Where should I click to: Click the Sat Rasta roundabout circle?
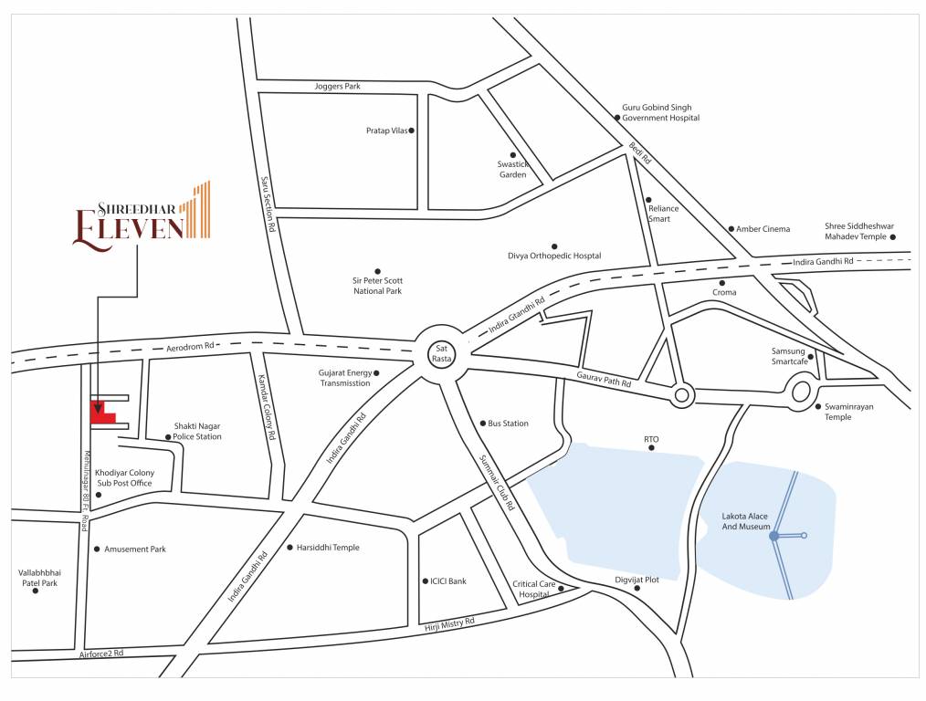click(442, 352)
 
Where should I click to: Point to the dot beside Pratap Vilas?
click(412, 131)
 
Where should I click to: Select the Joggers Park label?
click(337, 86)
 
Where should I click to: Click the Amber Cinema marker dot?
click(731, 229)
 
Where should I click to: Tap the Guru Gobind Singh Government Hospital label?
click(660, 112)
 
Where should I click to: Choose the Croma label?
click(723, 293)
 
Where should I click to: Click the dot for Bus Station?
click(481, 424)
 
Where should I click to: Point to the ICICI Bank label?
click(447, 581)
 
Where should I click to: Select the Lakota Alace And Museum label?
click(744, 522)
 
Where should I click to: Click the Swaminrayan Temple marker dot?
click(817, 406)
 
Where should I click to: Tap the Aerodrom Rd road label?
click(189, 346)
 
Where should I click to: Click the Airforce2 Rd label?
click(100, 654)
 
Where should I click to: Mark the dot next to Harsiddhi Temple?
click(289, 548)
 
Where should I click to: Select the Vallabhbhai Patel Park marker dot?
click(36, 591)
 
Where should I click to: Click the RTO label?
click(650, 439)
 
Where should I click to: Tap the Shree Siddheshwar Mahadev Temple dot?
click(893, 237)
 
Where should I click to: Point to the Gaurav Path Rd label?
click(604, 380)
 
